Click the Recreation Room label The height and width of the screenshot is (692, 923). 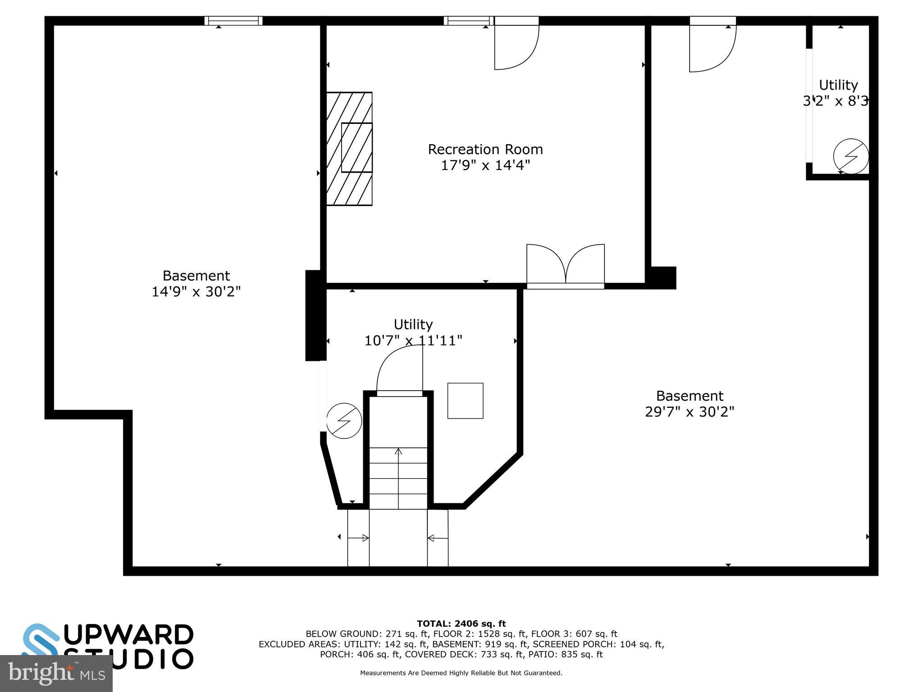pyautogui.click(x=485, y=149)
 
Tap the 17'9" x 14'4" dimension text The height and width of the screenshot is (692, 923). pyautogui.click(x=485, y=165)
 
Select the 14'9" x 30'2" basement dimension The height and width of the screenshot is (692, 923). pyautogui.click(x=196, y=292)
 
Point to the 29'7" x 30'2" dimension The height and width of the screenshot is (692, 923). pyautogui.click(x=690, y=412)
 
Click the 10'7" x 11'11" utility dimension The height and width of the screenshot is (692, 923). pyautogui.click(x=413, y=341)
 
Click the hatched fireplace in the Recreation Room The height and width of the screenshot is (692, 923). pyautogui.click(x=350, y=149)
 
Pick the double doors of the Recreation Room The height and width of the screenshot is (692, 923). pyautogui.click(x=566, y=266)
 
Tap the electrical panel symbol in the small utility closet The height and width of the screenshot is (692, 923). pyautogui.click(x=850, y=156)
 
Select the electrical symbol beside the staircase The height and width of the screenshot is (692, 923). pyautogui.click(x=344, y=421)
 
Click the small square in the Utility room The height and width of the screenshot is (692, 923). pyautogui.click(x=465, y=401)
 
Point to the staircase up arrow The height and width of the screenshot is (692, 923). pyautogui.click(x=398, y=478)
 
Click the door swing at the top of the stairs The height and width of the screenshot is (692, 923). pyautogui.click(x=400, y=372)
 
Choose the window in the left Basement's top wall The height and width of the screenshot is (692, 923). pyautogui.click(x=233, y=21)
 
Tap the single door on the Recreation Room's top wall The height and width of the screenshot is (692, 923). pyautogui.click(x=516, y=45)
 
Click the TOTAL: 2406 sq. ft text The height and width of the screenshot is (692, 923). pyautogui.click(x=461, y=624)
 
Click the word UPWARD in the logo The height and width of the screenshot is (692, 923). pyautogui.click(x=131, y=635)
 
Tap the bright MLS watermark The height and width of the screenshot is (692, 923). pyautogui.click(x=56, y=674)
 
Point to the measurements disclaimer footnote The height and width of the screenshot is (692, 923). pyautogui.click(x=461, y=673)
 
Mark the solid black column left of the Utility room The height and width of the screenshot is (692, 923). pyautogui.click(x=315, y=315)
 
